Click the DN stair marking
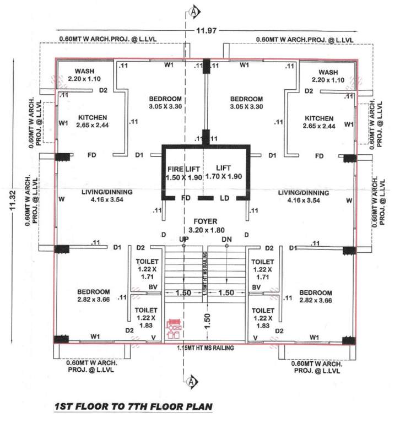[226, 240]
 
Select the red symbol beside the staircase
[175, 327]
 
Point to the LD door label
[224, 197]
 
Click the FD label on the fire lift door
[186, 197]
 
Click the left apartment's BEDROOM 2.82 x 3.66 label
[93, 296]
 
